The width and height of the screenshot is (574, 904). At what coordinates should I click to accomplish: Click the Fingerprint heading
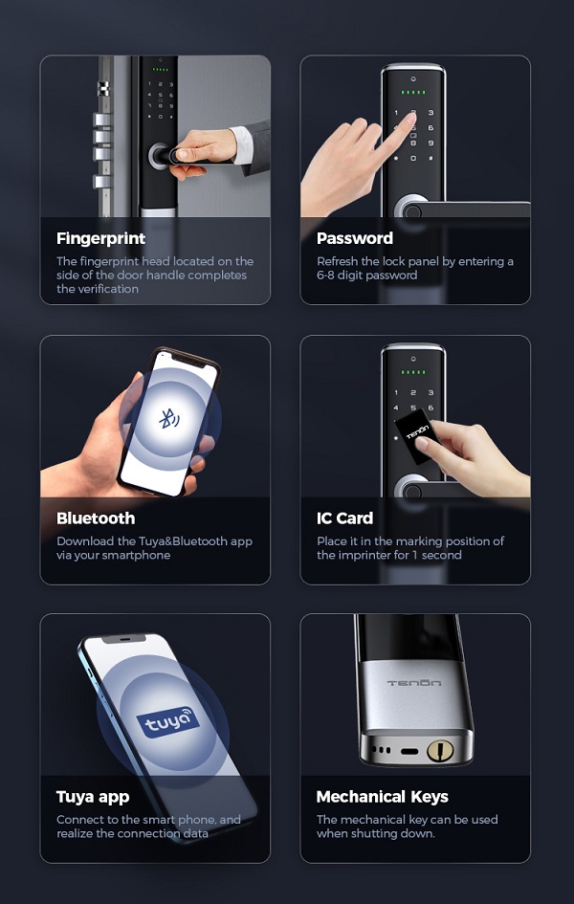tap(100, 239)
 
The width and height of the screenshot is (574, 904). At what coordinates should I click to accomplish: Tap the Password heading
tap(354, 238)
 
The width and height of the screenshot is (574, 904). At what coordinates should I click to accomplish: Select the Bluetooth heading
tap(96, 518)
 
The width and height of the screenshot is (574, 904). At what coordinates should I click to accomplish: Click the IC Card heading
tap(344, 518)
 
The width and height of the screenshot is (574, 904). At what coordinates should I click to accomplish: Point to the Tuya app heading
tap(93, 797)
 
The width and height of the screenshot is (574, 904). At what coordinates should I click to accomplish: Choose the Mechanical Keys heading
tap(382, 797)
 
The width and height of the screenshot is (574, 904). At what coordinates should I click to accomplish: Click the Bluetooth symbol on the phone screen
tap(168, 419)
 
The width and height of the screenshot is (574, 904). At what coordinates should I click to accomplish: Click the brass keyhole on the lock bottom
tap(440, 750)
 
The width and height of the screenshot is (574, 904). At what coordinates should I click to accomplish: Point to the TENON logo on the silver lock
tap(414, 683)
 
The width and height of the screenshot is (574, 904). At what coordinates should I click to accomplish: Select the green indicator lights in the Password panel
tap(413, 92)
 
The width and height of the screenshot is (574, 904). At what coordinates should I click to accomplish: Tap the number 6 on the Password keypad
tap(430, 127)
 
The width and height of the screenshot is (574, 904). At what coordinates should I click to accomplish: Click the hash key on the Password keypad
tap(430, 158)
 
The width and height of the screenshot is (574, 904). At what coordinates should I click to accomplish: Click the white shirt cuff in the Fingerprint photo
tap(242, 144)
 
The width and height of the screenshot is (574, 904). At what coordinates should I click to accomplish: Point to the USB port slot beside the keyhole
tap(409, 751)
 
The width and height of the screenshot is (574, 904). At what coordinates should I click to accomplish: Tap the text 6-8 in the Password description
tap(325, 275)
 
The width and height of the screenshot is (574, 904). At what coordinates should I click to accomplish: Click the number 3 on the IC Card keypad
tap(430, 392)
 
